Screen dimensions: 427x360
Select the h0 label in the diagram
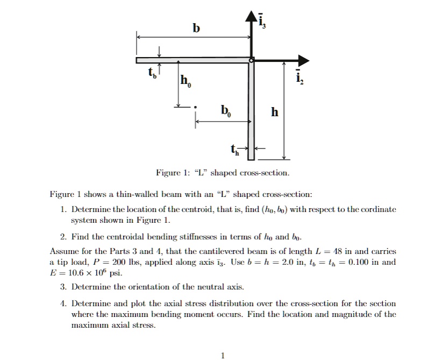pos(185,82)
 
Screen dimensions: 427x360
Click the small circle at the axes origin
pos(251,60)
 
